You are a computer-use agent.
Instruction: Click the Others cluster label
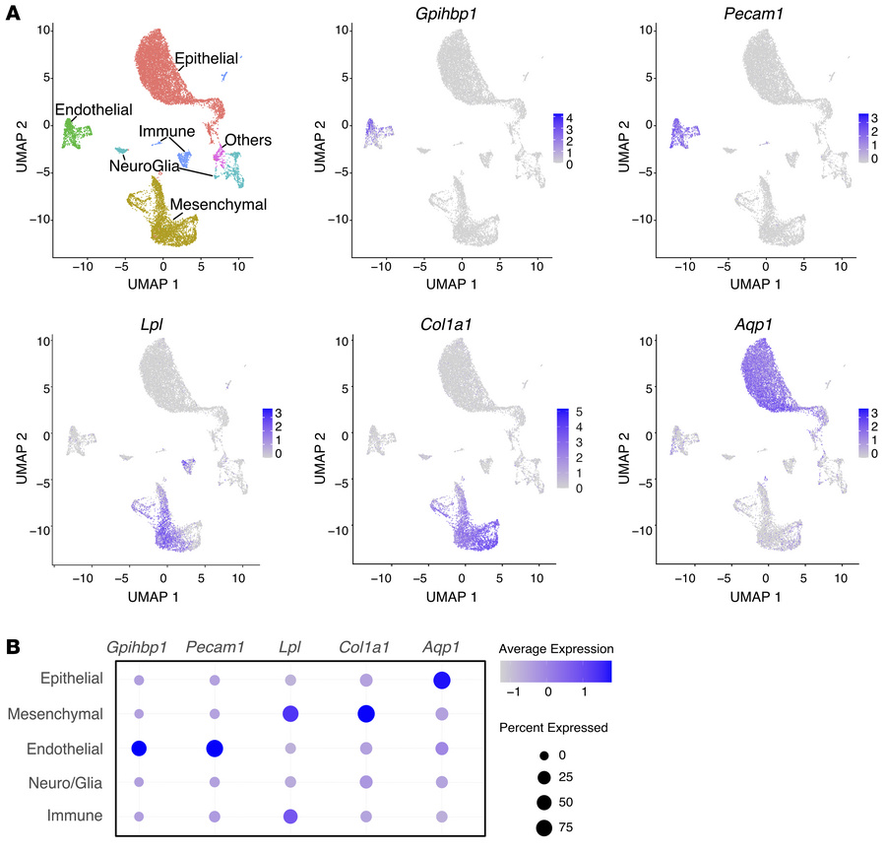pyautogui.click(x=247, y=140)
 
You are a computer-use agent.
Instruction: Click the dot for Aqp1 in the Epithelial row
pyautogui.click(x=441, y=681)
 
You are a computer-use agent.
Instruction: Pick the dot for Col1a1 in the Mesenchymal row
pyautogui.click(x=365, y=713)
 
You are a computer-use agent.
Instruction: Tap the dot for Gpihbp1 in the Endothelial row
pyautogui.click(x=139, y=749)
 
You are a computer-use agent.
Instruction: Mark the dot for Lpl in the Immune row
pyautogui.click(x=290, y=816)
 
